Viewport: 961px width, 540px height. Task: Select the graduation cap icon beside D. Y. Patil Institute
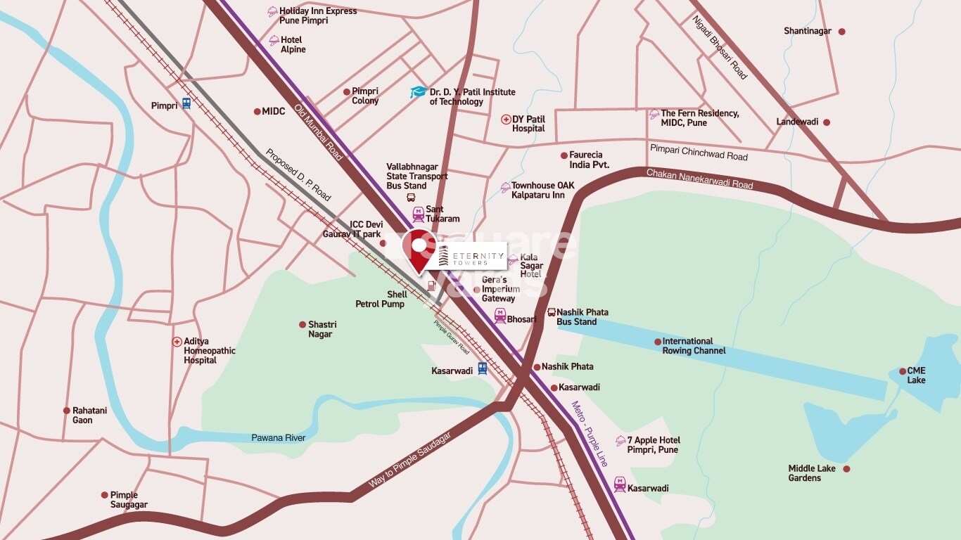[x=419, y=92]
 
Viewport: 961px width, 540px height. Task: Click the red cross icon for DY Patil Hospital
[x=505, y=120]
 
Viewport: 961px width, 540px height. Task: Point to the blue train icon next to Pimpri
[x=186, y=104]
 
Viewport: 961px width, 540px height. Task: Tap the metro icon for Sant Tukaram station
[x=418, y=212]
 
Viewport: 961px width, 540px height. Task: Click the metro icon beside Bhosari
[x=499, y=315]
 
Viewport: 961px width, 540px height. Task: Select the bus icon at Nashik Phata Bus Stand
[x=551, y=312]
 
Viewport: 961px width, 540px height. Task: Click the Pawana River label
[x=278, y=438]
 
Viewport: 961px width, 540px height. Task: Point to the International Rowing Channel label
[x=693, y=346]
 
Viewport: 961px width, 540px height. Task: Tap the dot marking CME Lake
[x=903, y=371]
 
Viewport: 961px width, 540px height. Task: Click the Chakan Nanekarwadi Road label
[x=699, y=179]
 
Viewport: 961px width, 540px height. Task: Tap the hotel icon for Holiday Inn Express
[x=272, y=11]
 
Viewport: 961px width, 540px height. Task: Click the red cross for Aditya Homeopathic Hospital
[x=177, y=342]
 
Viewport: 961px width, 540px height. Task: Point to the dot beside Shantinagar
[x=841, y=32]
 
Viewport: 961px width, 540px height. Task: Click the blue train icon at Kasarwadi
[x=482, y=368]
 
